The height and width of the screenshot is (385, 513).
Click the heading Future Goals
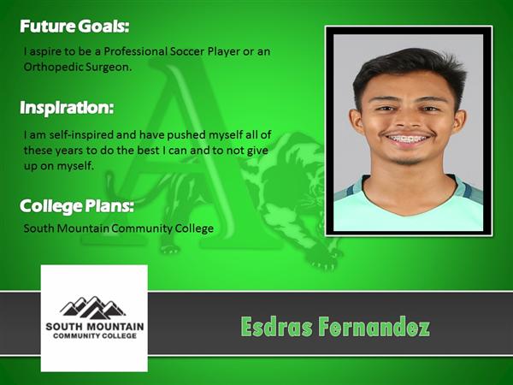point(74,27)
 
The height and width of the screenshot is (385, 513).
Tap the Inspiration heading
point(67,108)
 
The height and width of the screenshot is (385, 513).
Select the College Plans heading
point(77,206)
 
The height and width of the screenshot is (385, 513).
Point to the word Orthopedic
point(53,68)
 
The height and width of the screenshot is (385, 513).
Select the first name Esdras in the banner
point(276,327)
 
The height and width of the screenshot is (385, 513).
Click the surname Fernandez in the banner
point(374,327)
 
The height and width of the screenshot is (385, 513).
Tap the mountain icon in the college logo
point(93,307)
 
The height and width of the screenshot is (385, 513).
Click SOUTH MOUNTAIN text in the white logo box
point(95,327)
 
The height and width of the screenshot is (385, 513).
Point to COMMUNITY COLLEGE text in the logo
point(95,336)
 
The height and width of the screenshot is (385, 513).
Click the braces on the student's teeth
point(408,139)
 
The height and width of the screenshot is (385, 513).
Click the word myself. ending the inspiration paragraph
point(75,167)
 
